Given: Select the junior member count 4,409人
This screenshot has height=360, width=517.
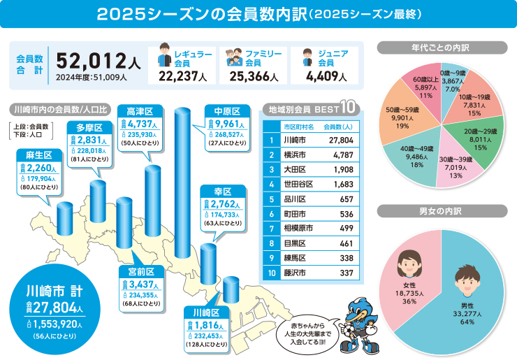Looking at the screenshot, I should click(x=324, y=76).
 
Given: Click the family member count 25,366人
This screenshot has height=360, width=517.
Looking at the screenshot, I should click(x=254, y=76).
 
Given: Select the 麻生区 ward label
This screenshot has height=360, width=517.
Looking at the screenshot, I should click(x=34, y=154).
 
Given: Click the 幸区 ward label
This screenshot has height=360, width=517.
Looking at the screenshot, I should click(x=221, y=191).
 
